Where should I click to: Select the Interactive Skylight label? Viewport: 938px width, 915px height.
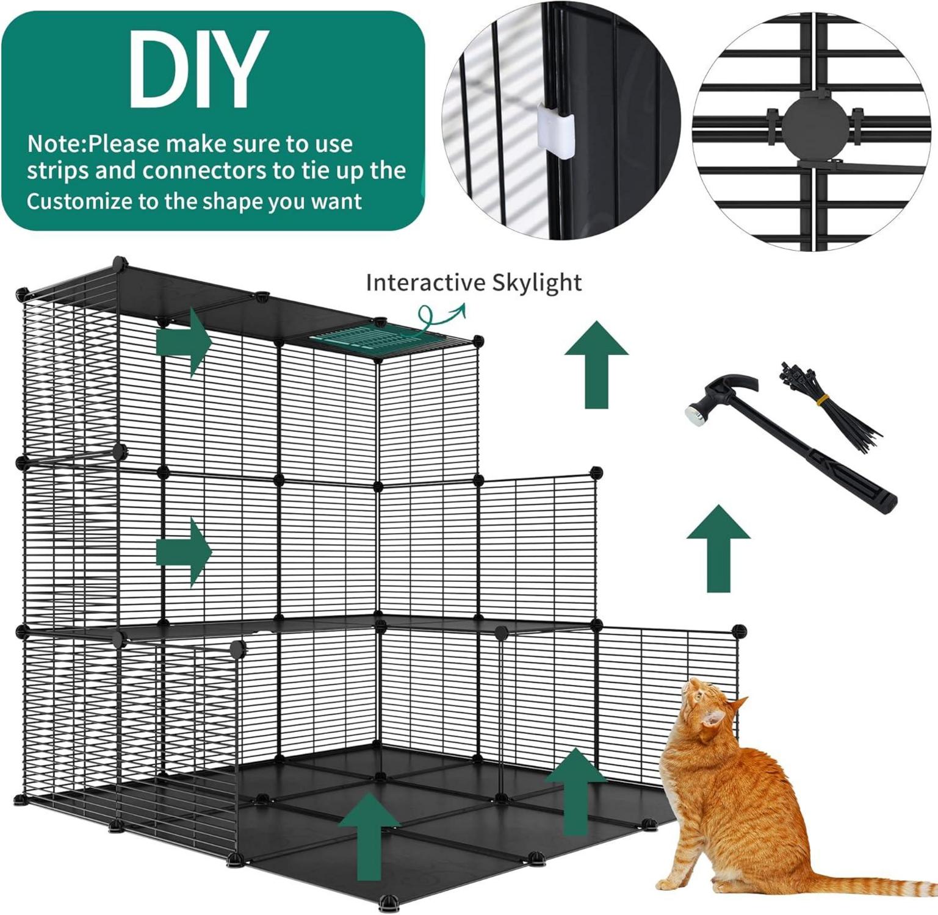474,283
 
